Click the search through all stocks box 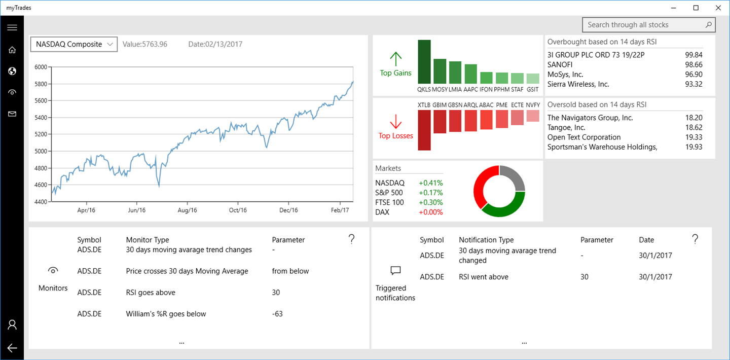point(644,25)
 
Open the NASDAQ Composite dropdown point(74,44)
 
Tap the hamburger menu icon point(12,27)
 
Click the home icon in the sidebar point(12,50)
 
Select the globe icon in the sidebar point(12,71)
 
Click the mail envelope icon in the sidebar point(12,114)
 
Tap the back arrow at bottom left point(12,348)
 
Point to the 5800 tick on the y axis point(41,84)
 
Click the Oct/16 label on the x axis point(238,210)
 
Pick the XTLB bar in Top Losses point(424,130)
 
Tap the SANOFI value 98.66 point(693,65)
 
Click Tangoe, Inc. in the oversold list point(566,128)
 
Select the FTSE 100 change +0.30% point(431,202)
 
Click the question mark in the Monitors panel point(352,239)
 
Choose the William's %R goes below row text point(166,314)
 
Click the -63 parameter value point(277,314)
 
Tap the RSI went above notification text point(483,277)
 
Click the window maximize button point(696,8)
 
